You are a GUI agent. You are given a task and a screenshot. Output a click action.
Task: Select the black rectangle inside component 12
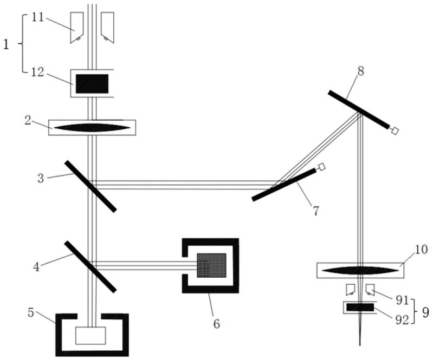pyautogui.click(x=92, y=83)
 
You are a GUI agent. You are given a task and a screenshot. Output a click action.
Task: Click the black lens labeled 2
pyautogui.click(x=92, y=127)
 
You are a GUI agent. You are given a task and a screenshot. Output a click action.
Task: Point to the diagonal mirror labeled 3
pyautogui.click(x=90, y=186)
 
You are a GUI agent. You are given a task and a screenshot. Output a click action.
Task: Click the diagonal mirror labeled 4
pyautogui.click(x=90, y=266)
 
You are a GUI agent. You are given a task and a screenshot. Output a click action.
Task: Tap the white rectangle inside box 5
pyautogui.click(x=90, y=336)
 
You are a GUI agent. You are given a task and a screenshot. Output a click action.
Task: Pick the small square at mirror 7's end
pyautogui.click(x=322, y=166)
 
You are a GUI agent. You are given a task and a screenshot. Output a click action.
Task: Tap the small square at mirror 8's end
pyautogui.click(x=395, y=130)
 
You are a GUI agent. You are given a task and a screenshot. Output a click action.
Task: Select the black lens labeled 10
pyautogui.click(x=359, y=270)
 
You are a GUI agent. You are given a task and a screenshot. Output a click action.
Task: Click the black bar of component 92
pyautogui.click(x=360, y=307)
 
